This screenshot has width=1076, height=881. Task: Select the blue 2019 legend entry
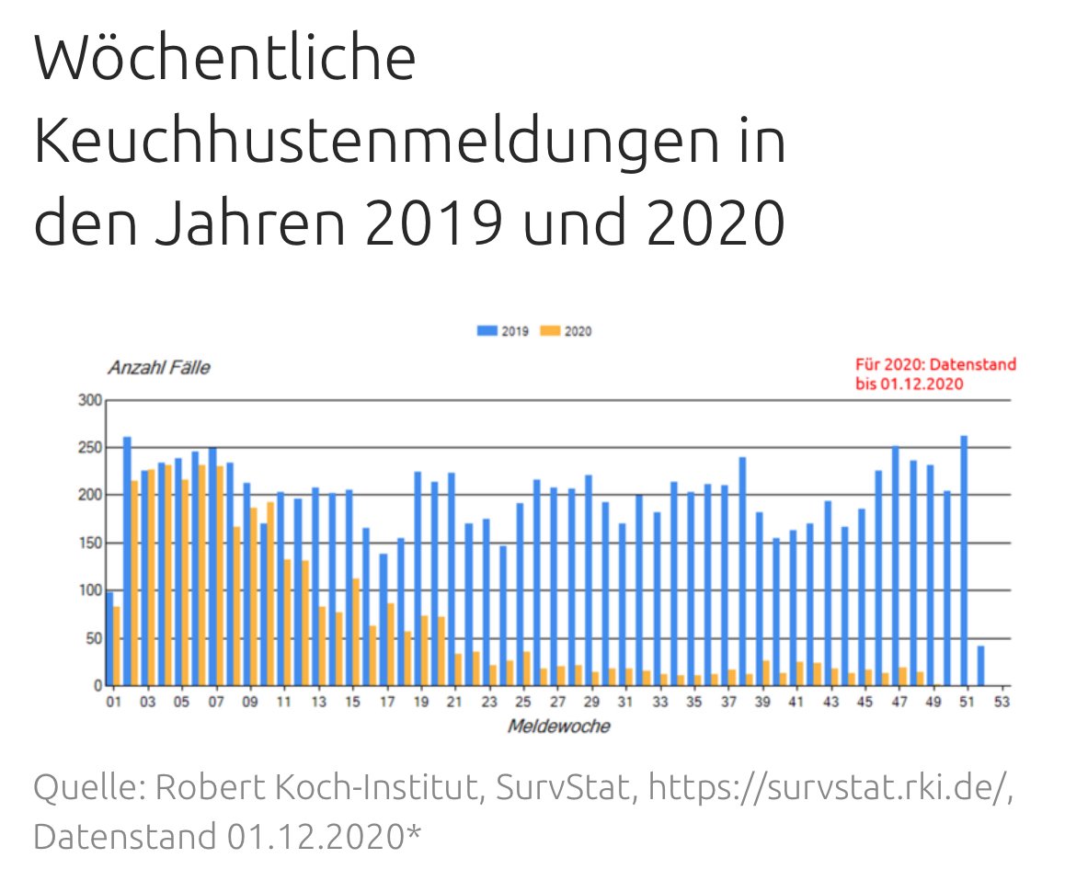click(502, 331)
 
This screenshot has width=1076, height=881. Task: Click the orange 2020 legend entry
click(566, 331)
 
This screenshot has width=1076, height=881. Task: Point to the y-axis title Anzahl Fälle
click(158, 369)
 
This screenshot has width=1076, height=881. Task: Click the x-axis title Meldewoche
click(558, 727)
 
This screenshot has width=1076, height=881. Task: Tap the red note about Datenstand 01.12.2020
click(935, 374)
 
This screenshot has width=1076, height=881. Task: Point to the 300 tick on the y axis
click(89, 401)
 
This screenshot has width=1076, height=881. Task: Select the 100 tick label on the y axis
click(89, 591)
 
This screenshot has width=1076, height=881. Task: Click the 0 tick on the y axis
click(96, 686)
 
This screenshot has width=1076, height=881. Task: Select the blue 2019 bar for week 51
click(964, 561)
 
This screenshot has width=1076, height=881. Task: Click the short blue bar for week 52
click(981, 666)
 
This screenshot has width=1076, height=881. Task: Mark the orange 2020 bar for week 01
click(117, 646)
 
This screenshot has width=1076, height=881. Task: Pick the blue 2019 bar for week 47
click(896, 566)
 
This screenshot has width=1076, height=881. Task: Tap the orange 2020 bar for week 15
click(356, 632)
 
